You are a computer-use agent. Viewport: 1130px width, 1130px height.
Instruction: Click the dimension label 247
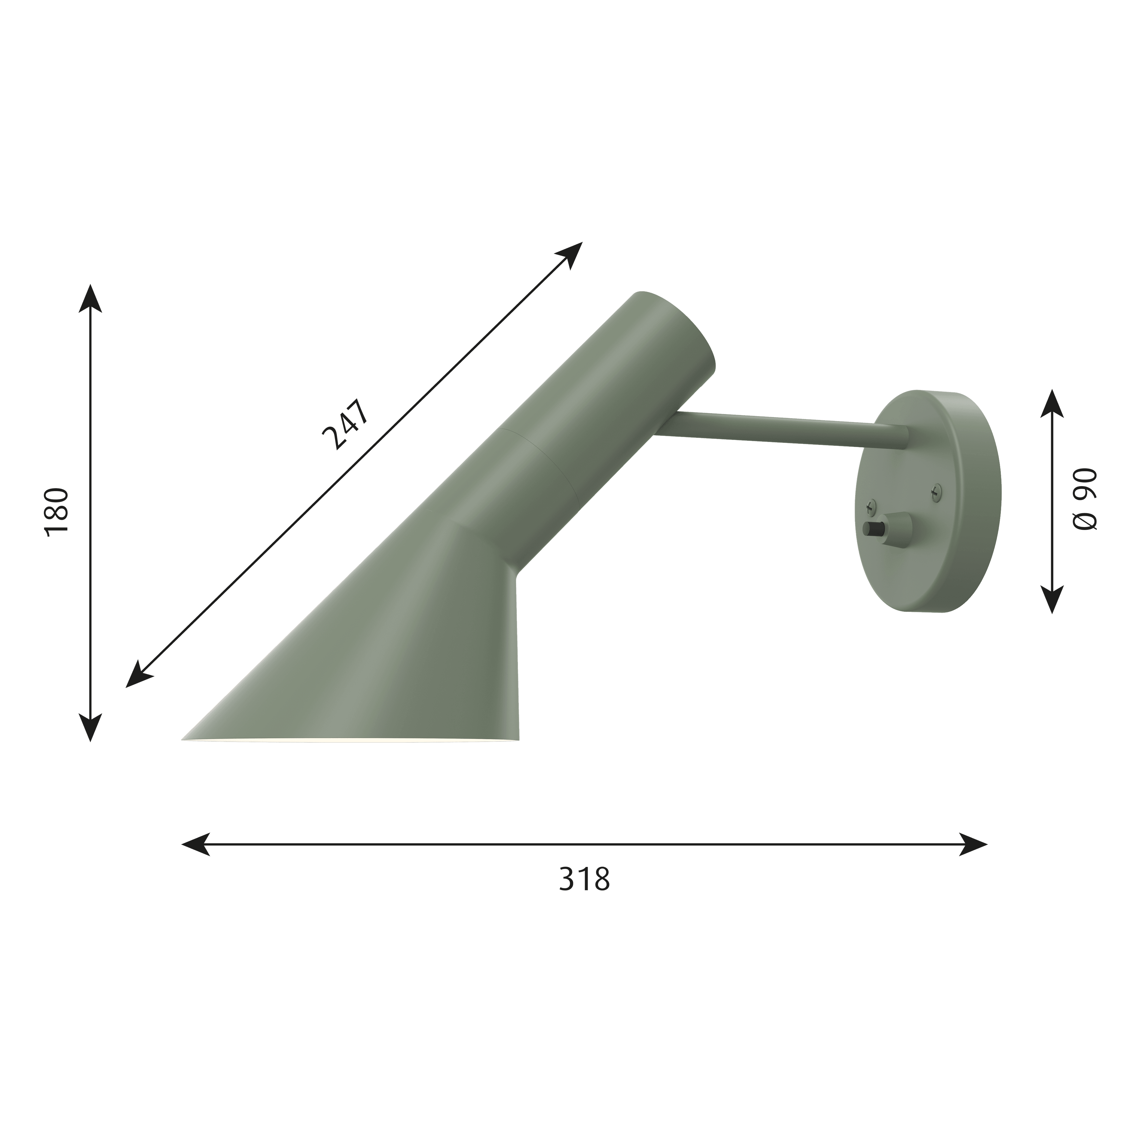pyautogui.click(x=346, y=425)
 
